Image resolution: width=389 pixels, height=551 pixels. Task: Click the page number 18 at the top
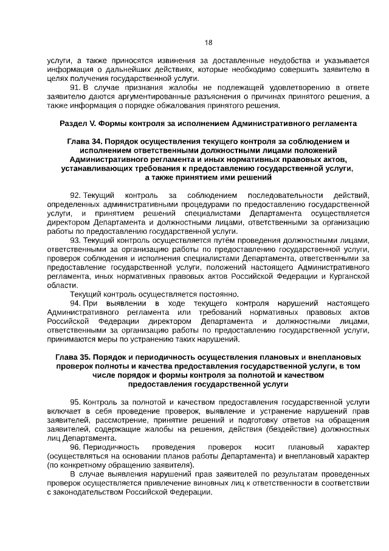208,43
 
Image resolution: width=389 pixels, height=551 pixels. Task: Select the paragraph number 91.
75,87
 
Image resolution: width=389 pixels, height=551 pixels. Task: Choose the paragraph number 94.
75,303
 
